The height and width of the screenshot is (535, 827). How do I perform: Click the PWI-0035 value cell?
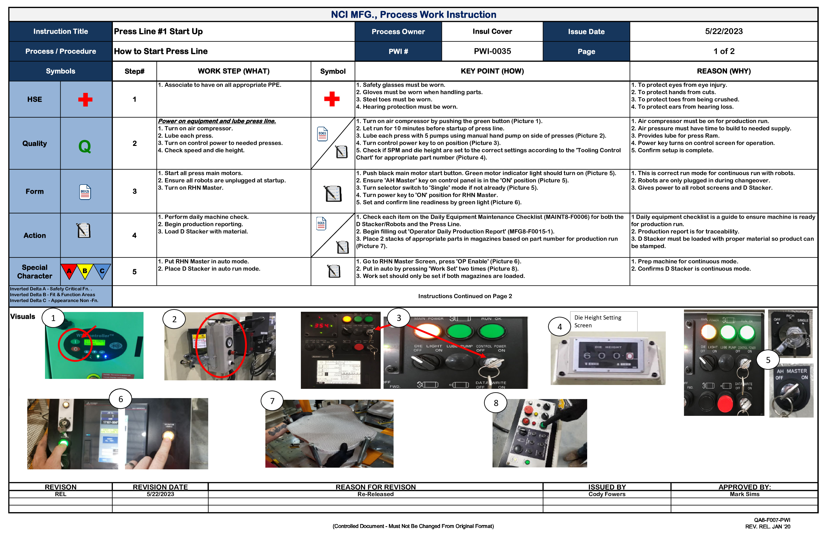point(492,51)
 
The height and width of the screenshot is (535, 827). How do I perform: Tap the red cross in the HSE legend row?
point(85,100)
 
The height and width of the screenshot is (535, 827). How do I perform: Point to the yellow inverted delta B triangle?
point(85,271)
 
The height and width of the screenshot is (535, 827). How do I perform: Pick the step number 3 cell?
point(135,191)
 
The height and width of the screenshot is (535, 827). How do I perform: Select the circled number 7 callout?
point(272,401)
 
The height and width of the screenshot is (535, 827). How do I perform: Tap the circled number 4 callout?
point(559,327)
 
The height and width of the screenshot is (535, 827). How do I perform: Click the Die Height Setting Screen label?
point(598,321)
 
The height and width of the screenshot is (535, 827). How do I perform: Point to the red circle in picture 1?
point(75,345)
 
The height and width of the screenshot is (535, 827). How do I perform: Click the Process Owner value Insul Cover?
point(492,32)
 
